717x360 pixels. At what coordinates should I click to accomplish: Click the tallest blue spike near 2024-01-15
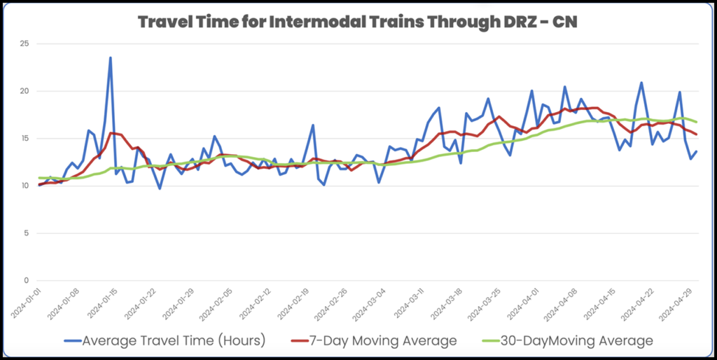[110, 58]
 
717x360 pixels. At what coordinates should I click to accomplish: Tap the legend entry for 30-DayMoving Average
[567, 341]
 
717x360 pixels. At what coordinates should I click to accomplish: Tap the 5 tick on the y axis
[26, 233]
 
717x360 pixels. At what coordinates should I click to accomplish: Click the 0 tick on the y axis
[26, 280]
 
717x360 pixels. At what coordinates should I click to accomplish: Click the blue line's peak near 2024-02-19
[313, 125]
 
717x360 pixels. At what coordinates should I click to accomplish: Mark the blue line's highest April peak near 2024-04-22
[641, 83]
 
